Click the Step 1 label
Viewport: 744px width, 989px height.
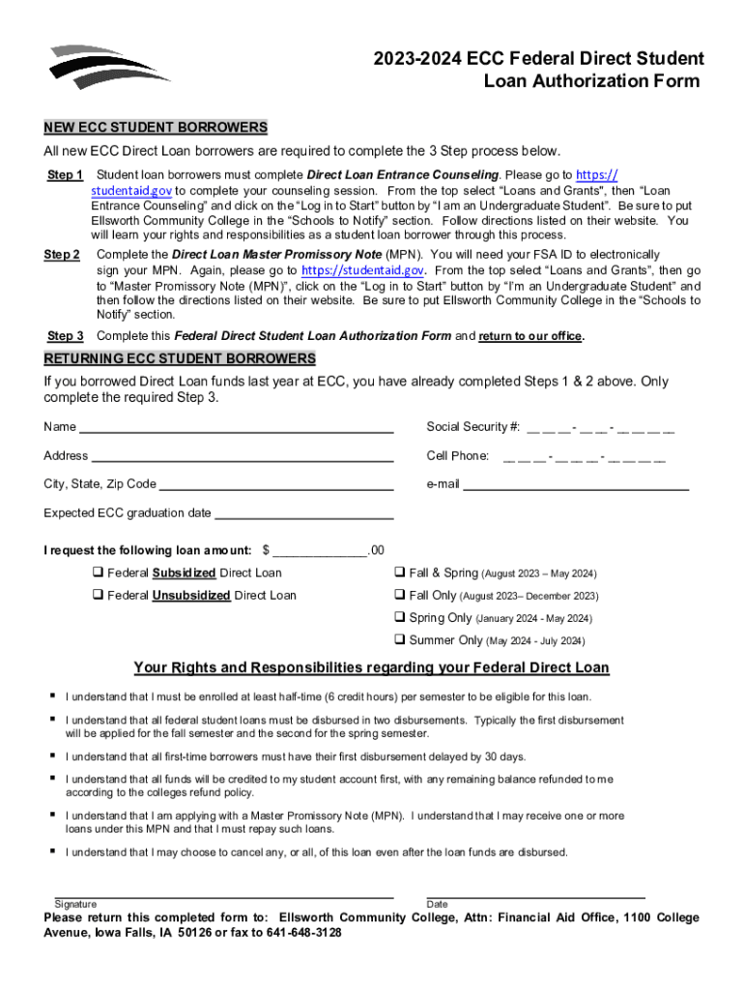point(65,175)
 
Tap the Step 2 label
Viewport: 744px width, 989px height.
point(62,255)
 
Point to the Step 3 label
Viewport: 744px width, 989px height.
point(65,336)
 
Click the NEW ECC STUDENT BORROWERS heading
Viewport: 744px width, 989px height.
point(156,127)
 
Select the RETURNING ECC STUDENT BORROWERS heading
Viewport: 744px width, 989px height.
point(180,359)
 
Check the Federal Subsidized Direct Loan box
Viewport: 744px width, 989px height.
point(98,574)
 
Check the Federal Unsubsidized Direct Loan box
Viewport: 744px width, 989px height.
point(98,596)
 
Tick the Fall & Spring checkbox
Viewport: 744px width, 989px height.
point(400,574)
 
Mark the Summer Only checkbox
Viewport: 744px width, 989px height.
point(400,640)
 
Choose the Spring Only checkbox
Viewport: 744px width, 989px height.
point(400,618)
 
